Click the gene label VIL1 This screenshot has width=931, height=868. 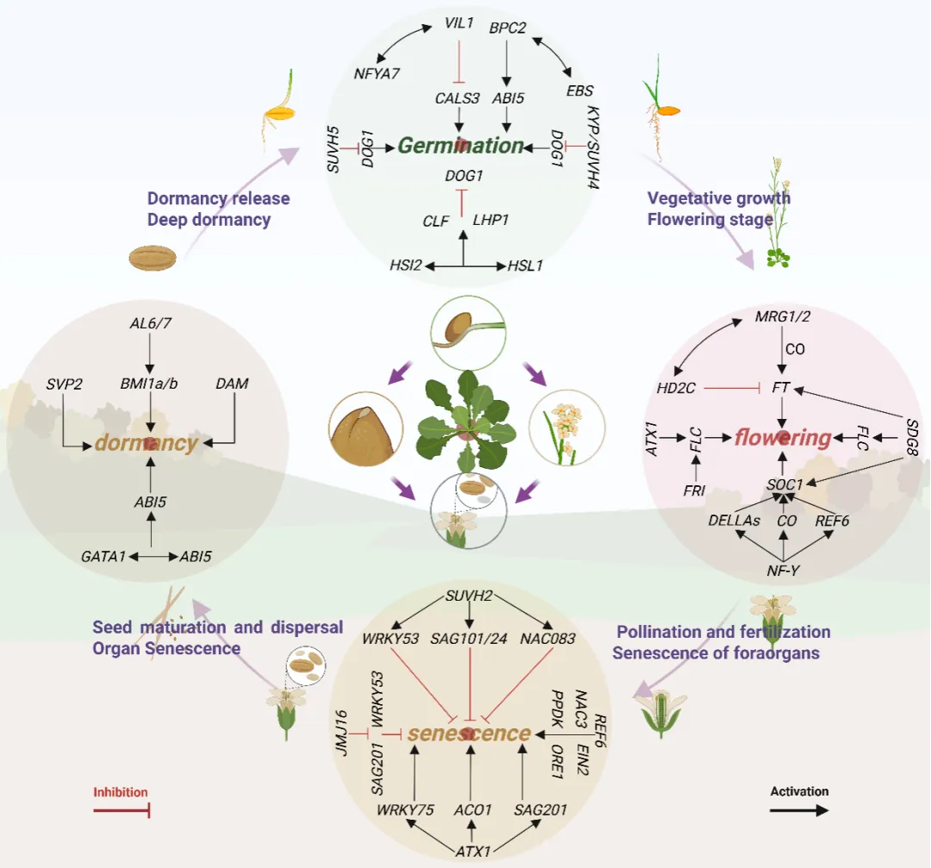(459, 23)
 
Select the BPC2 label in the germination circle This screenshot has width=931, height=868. (507, 28)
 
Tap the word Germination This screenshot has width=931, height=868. (460, 145)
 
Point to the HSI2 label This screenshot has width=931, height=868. (405, 266)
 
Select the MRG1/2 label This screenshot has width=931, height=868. (783, 316)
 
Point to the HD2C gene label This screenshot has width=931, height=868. (677, 389)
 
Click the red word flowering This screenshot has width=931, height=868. (783, 438)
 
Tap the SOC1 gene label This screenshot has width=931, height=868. (784, 485)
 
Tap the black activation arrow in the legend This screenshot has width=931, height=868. (799, 810)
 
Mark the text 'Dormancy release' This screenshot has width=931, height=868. (218, 199)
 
